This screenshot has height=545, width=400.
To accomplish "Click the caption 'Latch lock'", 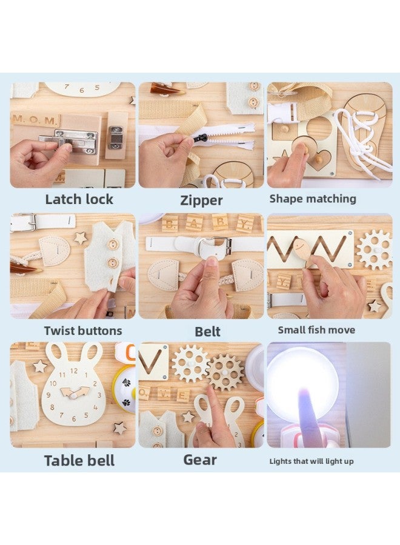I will click(79, 199).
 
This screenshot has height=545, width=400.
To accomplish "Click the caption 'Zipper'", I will click(201, 200).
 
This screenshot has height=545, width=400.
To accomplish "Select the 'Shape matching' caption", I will click(313, 199).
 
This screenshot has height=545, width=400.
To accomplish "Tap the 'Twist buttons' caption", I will click(82, 331).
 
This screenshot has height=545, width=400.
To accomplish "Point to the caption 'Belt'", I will click(207, 331).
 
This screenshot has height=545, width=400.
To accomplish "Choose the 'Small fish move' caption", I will click(316, 330).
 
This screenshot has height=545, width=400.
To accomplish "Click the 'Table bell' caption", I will click(79, 461).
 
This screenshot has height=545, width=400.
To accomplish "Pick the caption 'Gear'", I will click(200, 460).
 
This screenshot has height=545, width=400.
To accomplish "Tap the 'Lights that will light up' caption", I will click(312, 461).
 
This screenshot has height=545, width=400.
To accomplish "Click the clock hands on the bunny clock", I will click(74, 392).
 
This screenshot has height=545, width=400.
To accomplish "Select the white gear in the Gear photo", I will click(190, 364).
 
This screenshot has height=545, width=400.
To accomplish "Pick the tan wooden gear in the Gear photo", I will click(225, 372).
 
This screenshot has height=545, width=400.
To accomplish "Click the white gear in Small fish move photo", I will click(374, 249).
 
